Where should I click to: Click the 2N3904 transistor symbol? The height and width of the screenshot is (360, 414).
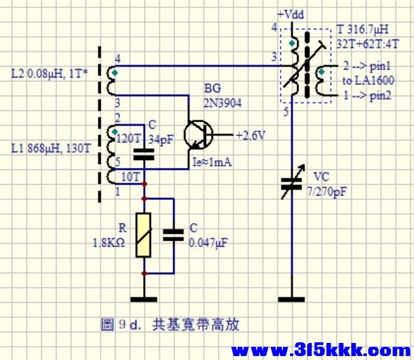point(199,135)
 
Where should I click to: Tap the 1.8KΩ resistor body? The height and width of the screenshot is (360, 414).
point(144,235)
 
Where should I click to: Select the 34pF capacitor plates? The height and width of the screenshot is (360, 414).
point(144,154)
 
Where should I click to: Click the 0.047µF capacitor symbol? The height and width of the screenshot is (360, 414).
point(173,235)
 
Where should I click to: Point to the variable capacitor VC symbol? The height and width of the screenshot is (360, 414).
point(292,182)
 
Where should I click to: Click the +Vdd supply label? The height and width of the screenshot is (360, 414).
point(291,14)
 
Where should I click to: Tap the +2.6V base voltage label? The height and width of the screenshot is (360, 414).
point(251,135)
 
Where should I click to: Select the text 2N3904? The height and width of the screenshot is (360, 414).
point(222,103)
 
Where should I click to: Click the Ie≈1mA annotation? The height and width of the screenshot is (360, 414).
point(213,162)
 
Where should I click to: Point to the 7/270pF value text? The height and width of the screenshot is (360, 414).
point(326,192)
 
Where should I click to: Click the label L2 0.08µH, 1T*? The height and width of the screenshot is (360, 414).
point(50,73)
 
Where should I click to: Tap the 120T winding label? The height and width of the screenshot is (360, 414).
point(128,138)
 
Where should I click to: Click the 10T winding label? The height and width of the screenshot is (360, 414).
point(130,177)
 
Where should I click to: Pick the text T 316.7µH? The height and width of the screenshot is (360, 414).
point(363,29)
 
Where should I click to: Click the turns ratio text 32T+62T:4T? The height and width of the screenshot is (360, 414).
point(367,44)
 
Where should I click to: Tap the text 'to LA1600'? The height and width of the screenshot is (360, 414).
point(369,80)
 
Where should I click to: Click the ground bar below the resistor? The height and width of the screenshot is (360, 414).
point(144,299)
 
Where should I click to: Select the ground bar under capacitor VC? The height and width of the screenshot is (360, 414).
point(291,299)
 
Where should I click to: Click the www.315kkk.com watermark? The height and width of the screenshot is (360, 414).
point(321,350)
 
